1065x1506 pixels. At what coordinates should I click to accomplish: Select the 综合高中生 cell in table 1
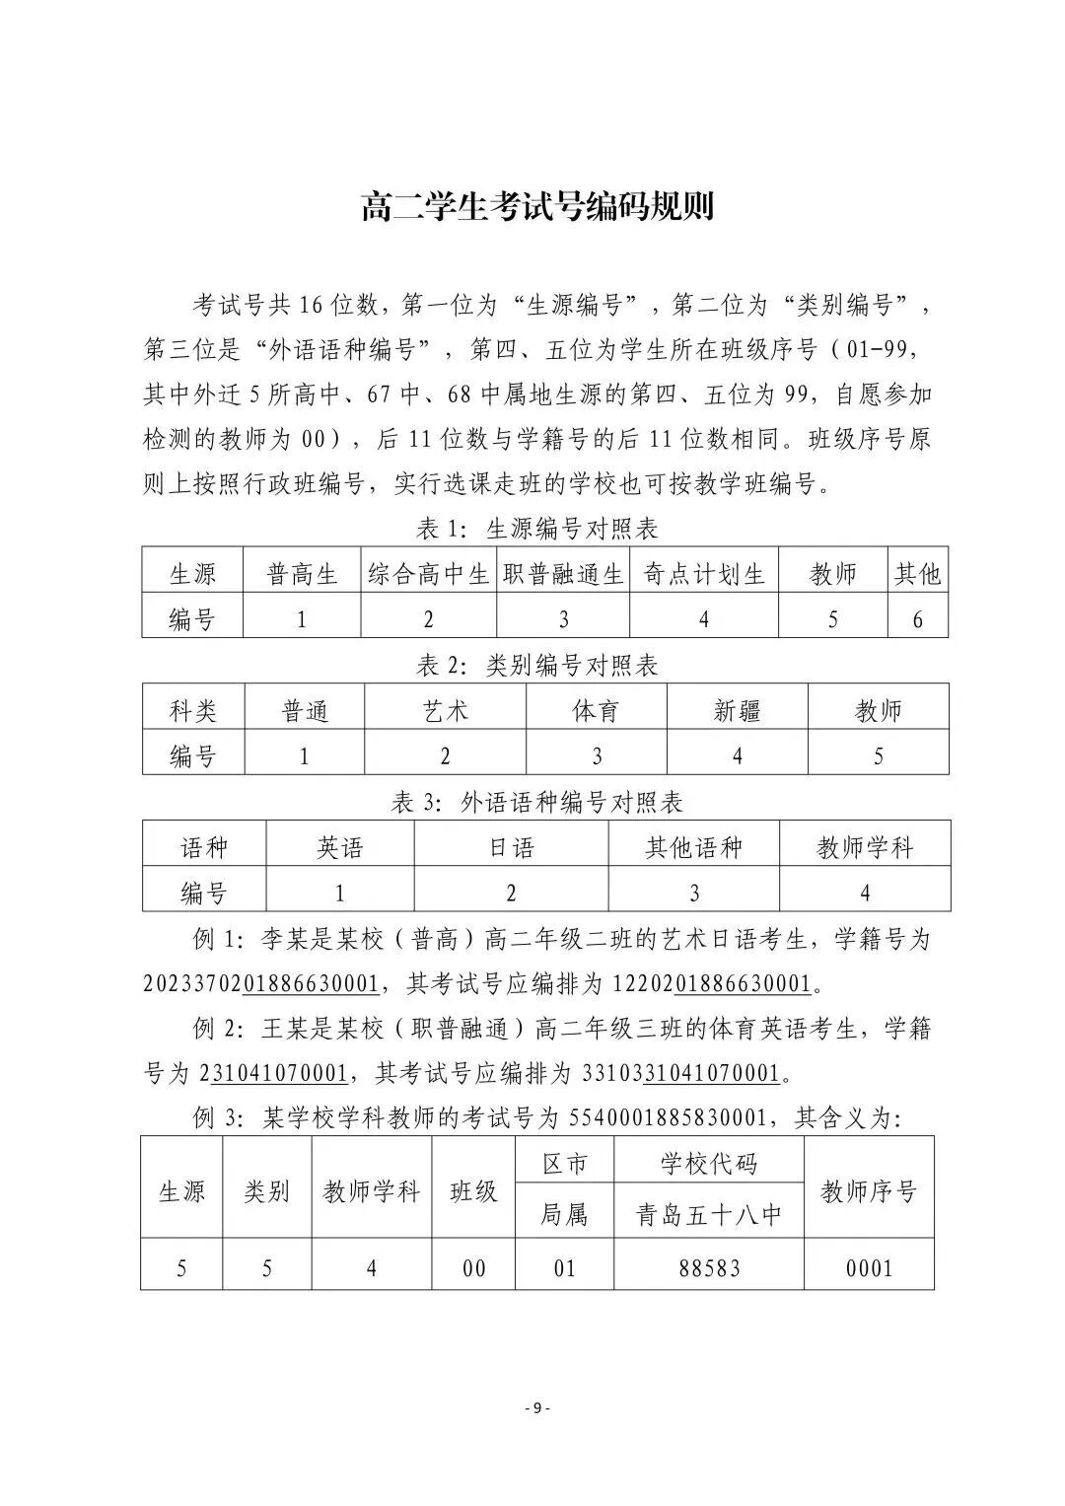[x=428, y=574]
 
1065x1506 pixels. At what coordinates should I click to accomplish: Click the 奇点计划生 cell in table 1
[x=703, y=574]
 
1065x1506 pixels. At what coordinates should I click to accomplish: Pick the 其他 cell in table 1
[x=917, y=574]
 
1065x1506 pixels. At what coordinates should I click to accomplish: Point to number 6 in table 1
[x=917, y=619]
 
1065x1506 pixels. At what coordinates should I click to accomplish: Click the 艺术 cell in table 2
[x=445, y=711]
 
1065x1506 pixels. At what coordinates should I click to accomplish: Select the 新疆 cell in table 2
[x=737, y=711]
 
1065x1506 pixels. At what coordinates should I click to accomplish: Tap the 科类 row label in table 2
[x=193, y=711]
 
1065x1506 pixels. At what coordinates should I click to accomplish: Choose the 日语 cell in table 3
[x=511, y=848]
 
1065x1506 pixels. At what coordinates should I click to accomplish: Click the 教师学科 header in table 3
[x=865, y=848]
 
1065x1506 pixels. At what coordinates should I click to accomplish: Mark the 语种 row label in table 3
[x=204, y=848]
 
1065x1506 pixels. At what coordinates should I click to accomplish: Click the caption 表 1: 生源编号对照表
[x=536, y=530]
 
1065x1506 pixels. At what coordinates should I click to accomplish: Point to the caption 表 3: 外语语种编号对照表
[x=536, y=803]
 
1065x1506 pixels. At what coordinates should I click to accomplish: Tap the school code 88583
[x=708, y=1267]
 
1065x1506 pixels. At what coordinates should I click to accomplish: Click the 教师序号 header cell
[x=869, y=1191]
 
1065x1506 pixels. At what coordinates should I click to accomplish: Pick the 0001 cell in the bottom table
[x=869, y=1267]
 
